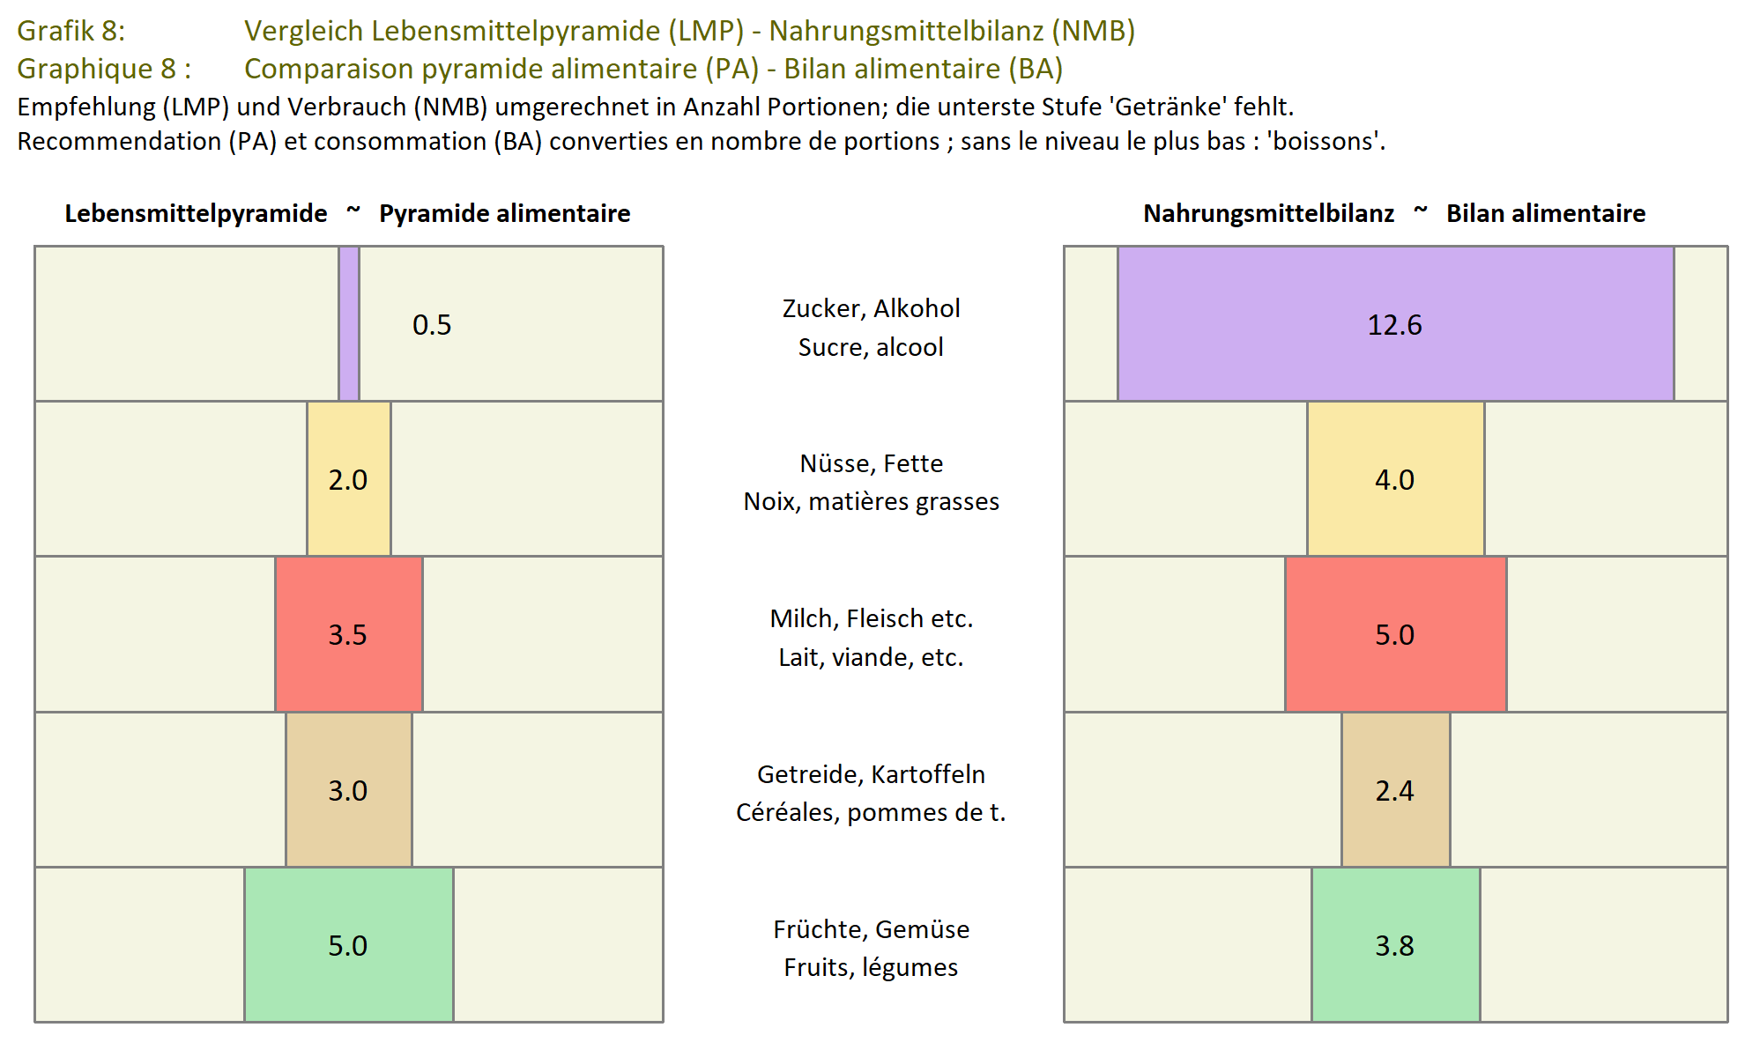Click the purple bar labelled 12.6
click(1395, 323)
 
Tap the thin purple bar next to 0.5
click(349, 323)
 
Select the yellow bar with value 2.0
click(349, 478)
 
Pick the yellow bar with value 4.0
click(1395, 478)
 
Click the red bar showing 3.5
click(349, 634)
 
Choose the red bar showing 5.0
click(1395, 634)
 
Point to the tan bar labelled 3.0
click(349, 789)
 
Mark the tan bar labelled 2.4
click(1395, 789)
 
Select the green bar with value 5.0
click(349, 944)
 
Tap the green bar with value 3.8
click(1395, 944)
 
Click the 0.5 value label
click(432, 325)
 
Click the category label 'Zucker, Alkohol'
click(871, 308)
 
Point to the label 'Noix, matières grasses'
click(871, 501)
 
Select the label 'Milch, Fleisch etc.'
click(871, 618)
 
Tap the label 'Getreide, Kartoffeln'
click(871, 774)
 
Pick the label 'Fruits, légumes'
click(871, 967)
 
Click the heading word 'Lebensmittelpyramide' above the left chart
click(196, 213)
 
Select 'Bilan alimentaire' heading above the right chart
click(1546, 213)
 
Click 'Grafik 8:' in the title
click(71, 31)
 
